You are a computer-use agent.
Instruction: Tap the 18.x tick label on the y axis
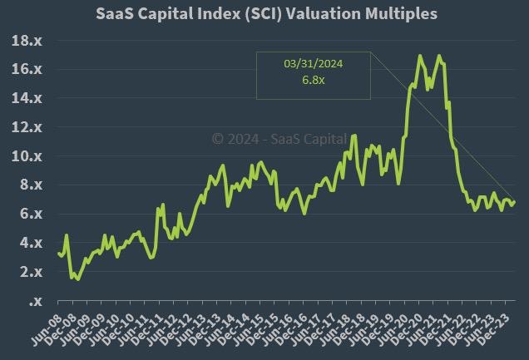tap(28, 41)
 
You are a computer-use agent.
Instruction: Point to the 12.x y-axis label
tap(28, 127)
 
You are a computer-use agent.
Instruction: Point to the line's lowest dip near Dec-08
tap(78, 279)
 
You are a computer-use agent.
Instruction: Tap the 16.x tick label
tap(28, 70)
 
